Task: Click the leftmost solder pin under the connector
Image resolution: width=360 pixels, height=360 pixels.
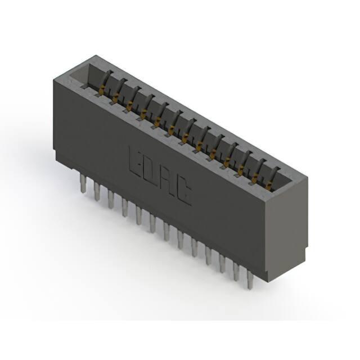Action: click(83, 183)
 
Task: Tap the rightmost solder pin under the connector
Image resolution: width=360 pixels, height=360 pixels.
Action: click(250, 280)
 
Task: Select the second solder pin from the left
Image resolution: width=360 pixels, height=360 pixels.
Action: click(97, 191)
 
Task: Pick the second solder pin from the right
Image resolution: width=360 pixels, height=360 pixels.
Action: click(236, 272)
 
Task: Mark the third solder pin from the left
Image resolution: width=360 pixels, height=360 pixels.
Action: click(111, 200)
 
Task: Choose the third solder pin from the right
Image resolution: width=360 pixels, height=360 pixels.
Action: click(222, 264)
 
